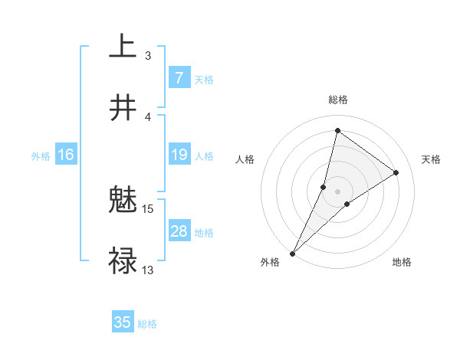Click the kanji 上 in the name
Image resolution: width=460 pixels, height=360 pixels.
(x=123, y=46)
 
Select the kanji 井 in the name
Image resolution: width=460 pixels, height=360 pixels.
(x=123, y=108)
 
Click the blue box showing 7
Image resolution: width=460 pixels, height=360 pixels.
(x=179, y=77)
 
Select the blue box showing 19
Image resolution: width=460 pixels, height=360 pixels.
(x=179, y=155)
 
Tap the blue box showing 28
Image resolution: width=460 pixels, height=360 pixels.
(x=179, y=231)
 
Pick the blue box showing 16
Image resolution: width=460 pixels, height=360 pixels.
(x=66, y=155)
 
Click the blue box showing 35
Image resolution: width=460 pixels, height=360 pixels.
(x=123, y=322)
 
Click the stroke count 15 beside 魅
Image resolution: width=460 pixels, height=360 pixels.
(x=148, y=208)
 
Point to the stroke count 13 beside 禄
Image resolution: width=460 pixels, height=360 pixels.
(x=148, y=270)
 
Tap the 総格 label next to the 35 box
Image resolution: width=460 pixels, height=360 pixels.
(x=147, y=324)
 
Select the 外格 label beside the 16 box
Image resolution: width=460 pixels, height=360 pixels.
(x=41, y=156)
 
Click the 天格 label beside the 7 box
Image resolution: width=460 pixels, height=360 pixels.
(x=203, y=80)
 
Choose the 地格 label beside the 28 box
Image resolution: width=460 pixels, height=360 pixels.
(x=204, y=233)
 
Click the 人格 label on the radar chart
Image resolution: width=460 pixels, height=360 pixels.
(x=245, y=159)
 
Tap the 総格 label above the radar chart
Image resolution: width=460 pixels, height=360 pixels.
(x=338, y=100)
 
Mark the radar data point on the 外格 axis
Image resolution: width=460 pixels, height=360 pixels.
(x=293, y=253)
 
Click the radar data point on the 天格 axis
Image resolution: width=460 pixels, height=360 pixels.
(x=396, y=172)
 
